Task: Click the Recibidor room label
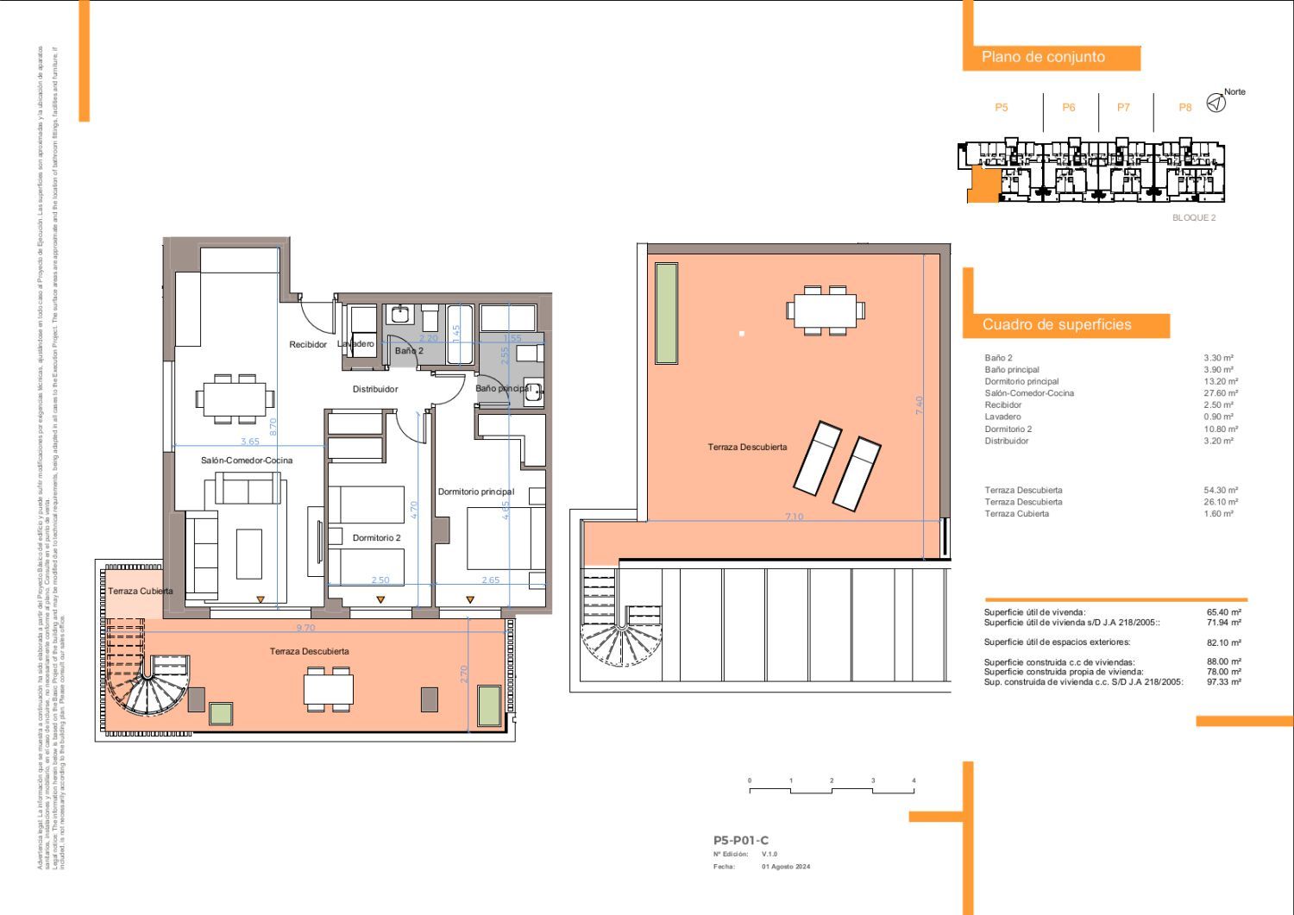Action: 308,345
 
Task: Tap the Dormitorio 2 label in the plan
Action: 376,538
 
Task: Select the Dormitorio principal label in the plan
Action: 475,492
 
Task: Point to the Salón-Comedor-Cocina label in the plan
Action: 247,461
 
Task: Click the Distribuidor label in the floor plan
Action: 375,389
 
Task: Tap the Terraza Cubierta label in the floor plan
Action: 141,592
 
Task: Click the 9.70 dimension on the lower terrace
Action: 305,629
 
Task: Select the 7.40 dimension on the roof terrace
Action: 920,405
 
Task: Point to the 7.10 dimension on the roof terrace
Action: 794,517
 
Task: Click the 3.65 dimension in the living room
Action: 249,442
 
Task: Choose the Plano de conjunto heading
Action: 1043,57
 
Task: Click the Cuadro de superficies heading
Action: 1057,325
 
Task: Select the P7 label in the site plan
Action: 1123,108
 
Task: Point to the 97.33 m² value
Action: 1223,682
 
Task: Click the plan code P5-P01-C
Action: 740,840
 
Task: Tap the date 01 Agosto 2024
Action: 786,867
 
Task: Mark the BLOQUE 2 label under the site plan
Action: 1193,218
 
